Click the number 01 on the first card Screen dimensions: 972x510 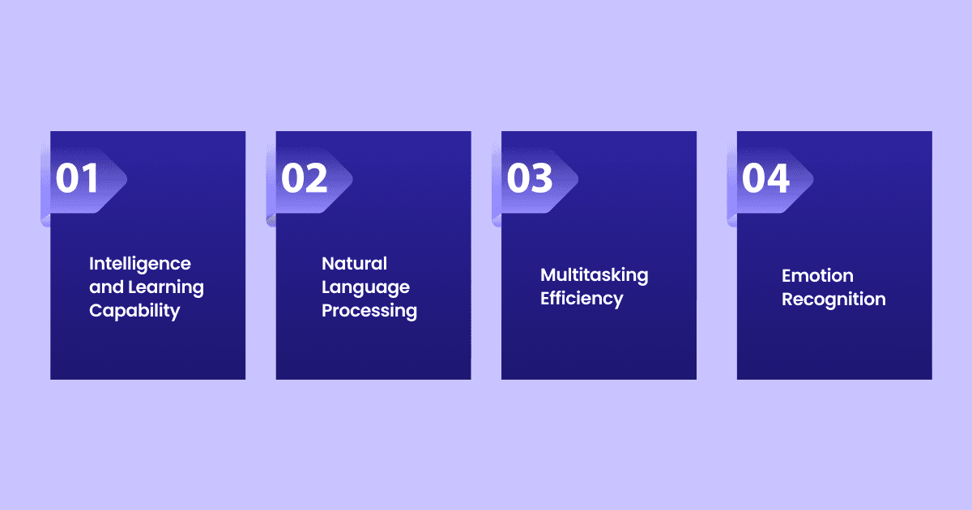[77, 178]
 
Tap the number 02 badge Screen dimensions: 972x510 [304, 178]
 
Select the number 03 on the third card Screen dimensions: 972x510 [530, 178]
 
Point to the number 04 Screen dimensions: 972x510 [765, 178]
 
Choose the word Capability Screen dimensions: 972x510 [134, 312]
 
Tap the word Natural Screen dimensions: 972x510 [354, 264]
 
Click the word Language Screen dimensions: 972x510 [365, 288]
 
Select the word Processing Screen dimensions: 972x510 [369, 312]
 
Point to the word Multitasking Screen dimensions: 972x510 [594, 276]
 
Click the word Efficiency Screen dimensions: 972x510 [582, 300]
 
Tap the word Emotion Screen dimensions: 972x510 [817, 276]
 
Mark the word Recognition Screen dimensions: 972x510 [833, 300]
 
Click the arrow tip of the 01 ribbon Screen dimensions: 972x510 [126, 179]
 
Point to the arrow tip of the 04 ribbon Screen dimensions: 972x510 [812, 179]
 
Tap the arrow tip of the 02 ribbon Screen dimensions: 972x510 [352, 179]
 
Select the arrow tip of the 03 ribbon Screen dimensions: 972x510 [578, 179]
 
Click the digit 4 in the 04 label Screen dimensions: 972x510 [778, 178]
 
